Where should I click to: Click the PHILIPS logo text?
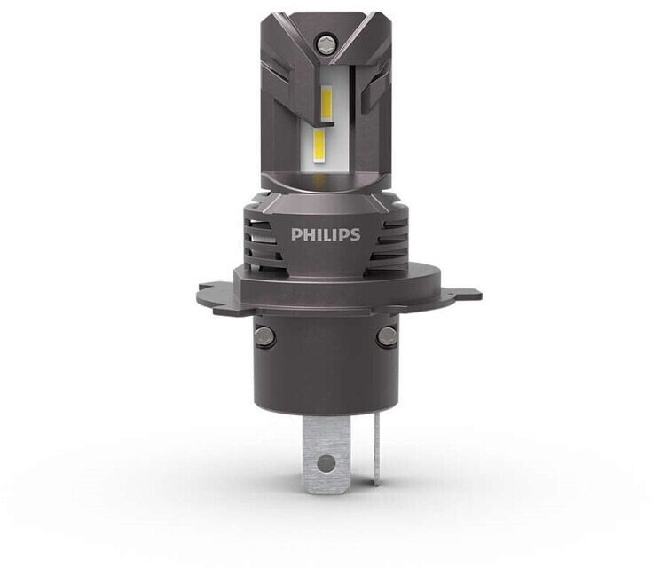(326, 234)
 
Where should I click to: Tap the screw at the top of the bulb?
(325, 43)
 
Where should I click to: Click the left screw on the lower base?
(264, 335)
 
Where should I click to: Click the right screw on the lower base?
(387, 336)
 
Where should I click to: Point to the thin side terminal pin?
(377, 451)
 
